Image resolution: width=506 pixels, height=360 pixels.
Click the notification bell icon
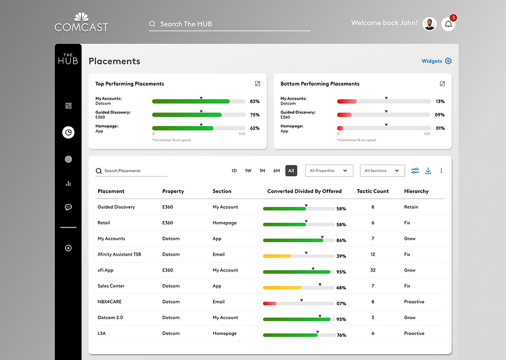[x=448, y=24]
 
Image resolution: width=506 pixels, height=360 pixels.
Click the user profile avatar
[x=429, y=24]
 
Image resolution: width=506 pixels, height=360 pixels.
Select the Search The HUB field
[x=230, y=24]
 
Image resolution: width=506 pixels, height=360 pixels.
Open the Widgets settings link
[x=436, y=61]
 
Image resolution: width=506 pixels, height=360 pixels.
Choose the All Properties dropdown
[x=329, y=170]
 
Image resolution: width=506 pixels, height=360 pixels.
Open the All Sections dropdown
[x=382, y=170]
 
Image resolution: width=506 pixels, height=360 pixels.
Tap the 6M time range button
[x=276, y=170]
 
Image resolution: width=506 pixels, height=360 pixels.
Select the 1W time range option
[x=248, y=170]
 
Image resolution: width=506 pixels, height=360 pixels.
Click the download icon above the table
[x=428, y=170]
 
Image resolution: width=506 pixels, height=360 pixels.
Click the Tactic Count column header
[x=373, y=191]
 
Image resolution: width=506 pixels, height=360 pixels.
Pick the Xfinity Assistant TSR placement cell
[x=119, y=254]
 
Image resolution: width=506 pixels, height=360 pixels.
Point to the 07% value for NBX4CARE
[x=341, y=304]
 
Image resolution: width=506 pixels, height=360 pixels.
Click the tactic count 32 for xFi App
[x=373, y=270]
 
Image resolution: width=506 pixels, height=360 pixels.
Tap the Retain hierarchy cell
[x=411, y=207]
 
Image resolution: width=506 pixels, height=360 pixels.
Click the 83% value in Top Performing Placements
[x=255, y=101]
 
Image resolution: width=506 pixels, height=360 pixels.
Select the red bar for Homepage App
[x=340, y=128]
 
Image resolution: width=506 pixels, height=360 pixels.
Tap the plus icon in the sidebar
[x=68, y=248]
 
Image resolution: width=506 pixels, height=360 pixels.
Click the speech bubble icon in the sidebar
[x=68, y=207]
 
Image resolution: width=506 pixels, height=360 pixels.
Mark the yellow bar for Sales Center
[x=282, y=288]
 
